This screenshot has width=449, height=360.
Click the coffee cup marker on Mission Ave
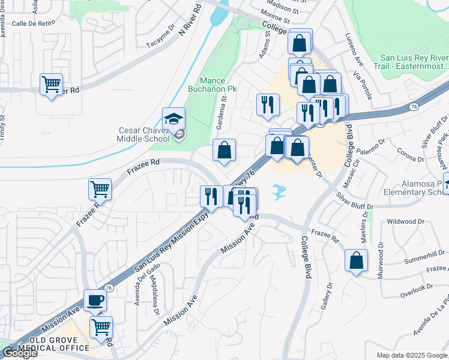coord(95,299)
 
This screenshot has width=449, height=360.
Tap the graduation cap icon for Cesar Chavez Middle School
coord(173,119)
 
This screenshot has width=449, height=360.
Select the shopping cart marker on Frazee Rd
coord(100,189)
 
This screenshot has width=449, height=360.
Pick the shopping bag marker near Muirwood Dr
coord(357,260)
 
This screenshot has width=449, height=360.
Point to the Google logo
coord(19,353)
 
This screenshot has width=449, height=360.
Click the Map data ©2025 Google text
coord(412,355)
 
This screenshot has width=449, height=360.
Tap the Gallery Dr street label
coord(327,297)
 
